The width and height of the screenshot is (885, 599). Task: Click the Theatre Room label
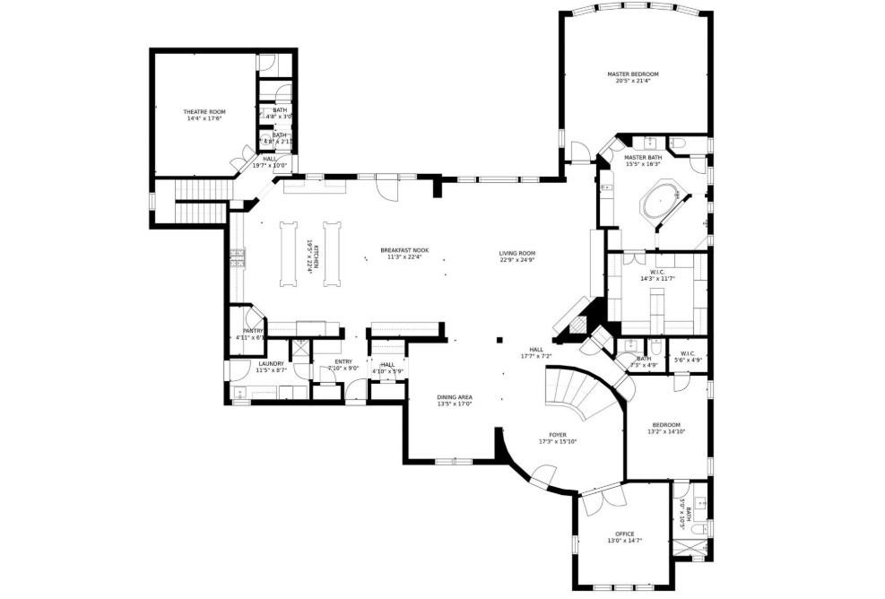204,111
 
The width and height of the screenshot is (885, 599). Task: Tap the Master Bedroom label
632,74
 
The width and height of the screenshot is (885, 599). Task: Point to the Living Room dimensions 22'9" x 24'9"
517,260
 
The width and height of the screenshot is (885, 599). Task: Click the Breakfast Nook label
404,250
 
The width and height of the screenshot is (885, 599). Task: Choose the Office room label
625,534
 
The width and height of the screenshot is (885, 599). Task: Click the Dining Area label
455,396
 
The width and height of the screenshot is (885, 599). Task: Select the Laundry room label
271,363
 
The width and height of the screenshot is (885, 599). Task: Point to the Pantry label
252,331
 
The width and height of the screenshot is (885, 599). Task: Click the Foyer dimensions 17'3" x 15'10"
557,441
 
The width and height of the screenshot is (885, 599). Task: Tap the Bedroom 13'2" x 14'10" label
666,424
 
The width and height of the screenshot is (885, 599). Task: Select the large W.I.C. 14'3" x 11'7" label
657,278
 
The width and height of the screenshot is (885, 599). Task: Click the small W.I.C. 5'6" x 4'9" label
688,360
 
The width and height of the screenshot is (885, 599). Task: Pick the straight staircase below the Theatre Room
199,202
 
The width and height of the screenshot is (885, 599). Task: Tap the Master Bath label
642,157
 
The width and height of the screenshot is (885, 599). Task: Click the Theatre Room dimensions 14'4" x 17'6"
204,118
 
